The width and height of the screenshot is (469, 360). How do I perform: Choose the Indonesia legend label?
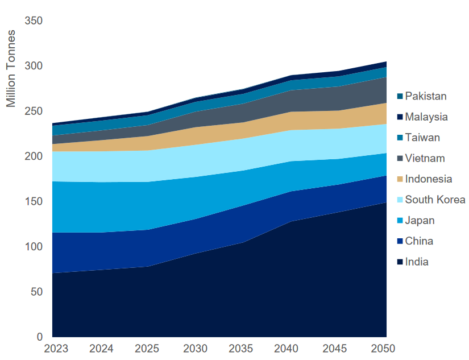click(429, 179)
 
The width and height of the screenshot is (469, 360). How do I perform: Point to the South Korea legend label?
click(435, 200)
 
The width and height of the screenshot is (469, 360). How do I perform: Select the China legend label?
click(419, 241)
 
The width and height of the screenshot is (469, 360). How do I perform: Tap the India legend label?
click(417, 262)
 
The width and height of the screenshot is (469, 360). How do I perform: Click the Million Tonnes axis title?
click(11, 68)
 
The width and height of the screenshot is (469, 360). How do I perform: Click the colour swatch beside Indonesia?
click(400, 180)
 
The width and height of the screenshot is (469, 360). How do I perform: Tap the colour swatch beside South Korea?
click(400, 200)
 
